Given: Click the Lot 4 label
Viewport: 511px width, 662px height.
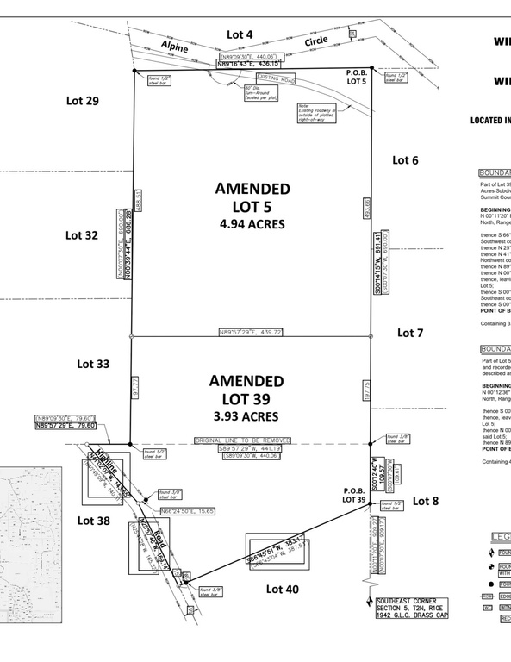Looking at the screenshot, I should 240,34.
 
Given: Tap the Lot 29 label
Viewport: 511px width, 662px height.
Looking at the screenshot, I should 83,101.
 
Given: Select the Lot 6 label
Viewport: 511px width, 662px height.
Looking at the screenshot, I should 405,159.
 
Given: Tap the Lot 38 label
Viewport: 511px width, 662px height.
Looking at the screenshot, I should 94,520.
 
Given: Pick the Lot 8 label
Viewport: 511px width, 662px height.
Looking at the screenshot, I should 425,501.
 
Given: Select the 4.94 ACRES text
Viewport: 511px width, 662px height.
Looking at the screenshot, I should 252,224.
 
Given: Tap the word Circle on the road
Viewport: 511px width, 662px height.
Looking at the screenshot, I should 317,41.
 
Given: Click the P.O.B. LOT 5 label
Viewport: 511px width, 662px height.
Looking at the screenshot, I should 357,78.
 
